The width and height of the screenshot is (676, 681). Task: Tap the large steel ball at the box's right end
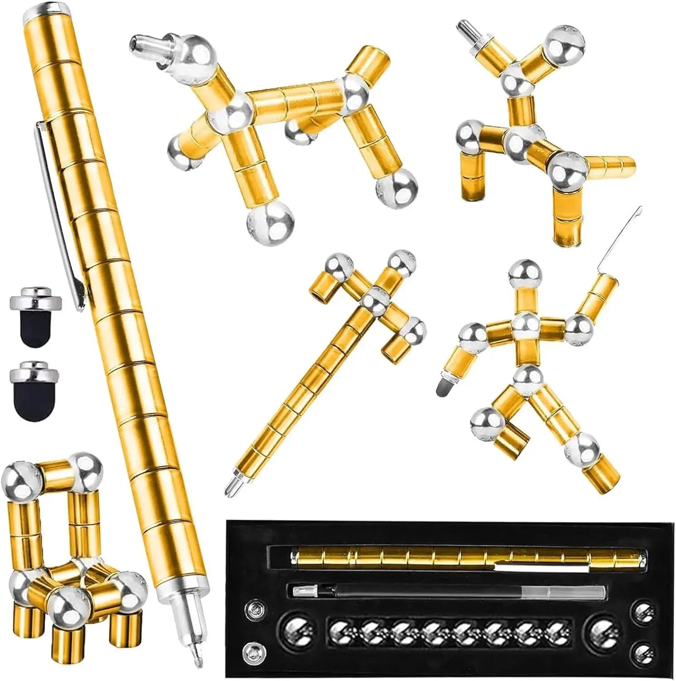click(x=603, y=628)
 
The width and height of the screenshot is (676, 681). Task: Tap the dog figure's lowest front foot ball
click(x=270, y=220)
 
